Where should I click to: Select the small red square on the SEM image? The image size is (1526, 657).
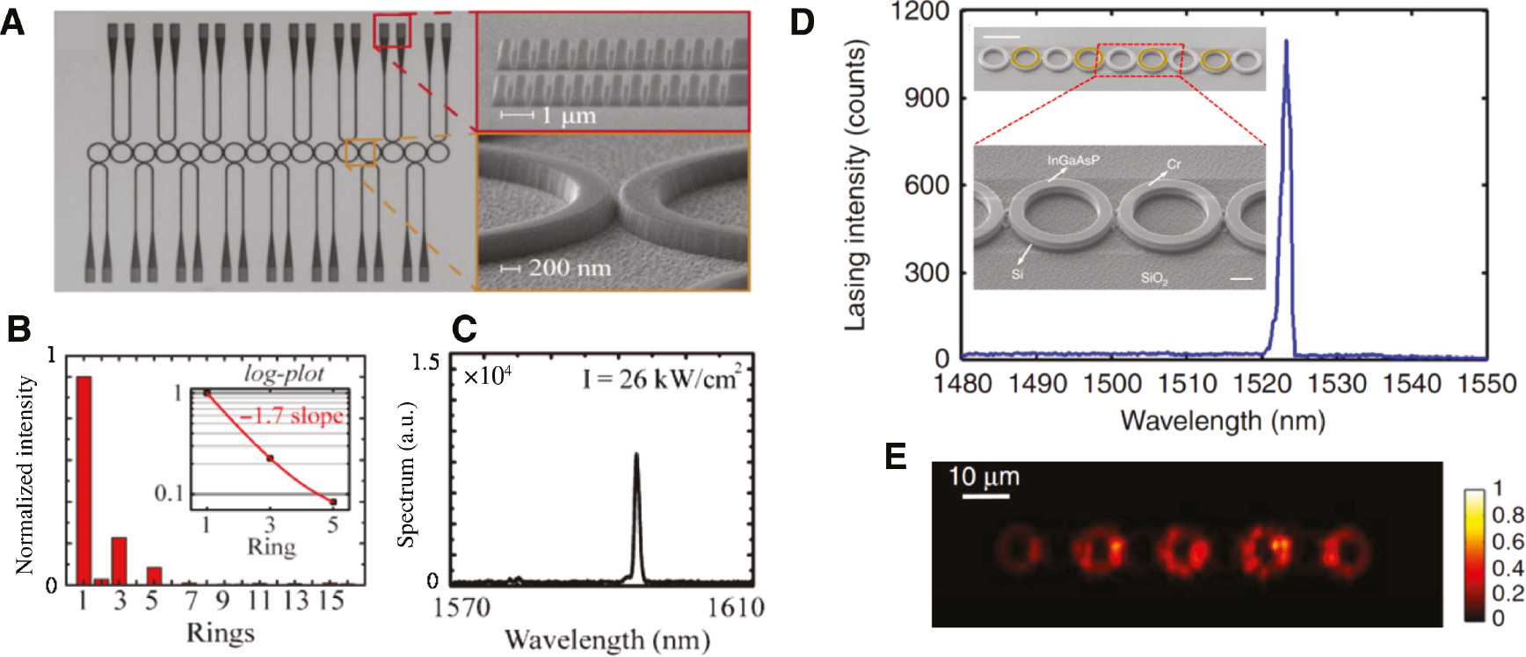(x=392, y=31)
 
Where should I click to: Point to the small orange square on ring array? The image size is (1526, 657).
(x=360, y=152)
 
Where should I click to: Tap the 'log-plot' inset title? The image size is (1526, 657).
(x=284, y=373)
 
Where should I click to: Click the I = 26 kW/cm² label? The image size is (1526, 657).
(x=660, y=379)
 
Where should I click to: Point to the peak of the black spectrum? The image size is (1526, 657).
(x=636, y=455)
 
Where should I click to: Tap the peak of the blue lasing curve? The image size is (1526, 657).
(x=1286, y=41)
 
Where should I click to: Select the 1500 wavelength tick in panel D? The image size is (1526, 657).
(x=1112, y=384)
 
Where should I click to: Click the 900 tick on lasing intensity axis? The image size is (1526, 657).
(x=927, y=97)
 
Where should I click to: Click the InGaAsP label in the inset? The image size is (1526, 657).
(x=1072, y=161)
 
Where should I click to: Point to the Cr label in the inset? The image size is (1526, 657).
(x=1174, y=164)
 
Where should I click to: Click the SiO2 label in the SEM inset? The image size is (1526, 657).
(x=1154, y=278)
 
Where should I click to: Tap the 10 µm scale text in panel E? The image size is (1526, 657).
(x=985, y=477)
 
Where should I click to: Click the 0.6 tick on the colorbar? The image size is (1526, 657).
(x=1508, y=541)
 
